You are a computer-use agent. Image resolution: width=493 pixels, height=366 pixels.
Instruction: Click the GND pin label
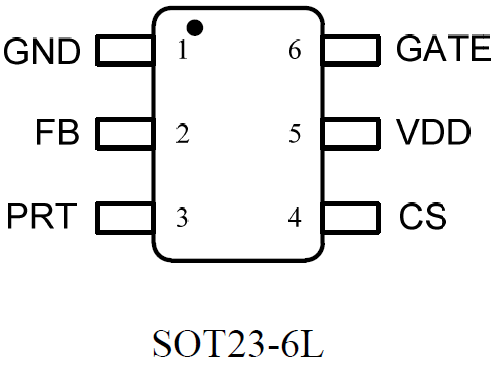(42, 51)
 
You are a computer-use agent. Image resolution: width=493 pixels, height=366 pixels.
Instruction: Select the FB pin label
(56, 133)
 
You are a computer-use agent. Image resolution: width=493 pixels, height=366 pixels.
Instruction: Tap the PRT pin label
(42, 216)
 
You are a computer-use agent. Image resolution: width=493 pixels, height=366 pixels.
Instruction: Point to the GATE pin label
(443, 48)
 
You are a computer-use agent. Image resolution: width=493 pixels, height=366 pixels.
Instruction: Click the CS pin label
(422, 215)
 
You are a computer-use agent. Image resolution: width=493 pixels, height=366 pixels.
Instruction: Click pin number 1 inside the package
(182, 51)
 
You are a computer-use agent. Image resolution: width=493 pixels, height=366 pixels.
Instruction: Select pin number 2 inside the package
(182, 133)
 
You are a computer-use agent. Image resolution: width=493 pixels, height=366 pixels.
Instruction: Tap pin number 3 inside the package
(182, 216)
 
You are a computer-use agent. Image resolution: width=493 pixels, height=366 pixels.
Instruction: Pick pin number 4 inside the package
(294, 216)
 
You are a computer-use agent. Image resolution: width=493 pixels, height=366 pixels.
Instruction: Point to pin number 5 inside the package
(294, 133)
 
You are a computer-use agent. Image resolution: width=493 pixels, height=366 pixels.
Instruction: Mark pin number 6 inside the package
(294, 51)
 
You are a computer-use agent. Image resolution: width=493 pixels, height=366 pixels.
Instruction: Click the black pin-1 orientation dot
(195, 26)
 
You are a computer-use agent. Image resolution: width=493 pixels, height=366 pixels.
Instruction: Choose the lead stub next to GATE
(353, 50)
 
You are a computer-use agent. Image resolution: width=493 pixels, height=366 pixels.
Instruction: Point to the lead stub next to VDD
(353, 132)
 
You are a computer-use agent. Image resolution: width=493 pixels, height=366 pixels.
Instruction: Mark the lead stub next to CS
(353, 215)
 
